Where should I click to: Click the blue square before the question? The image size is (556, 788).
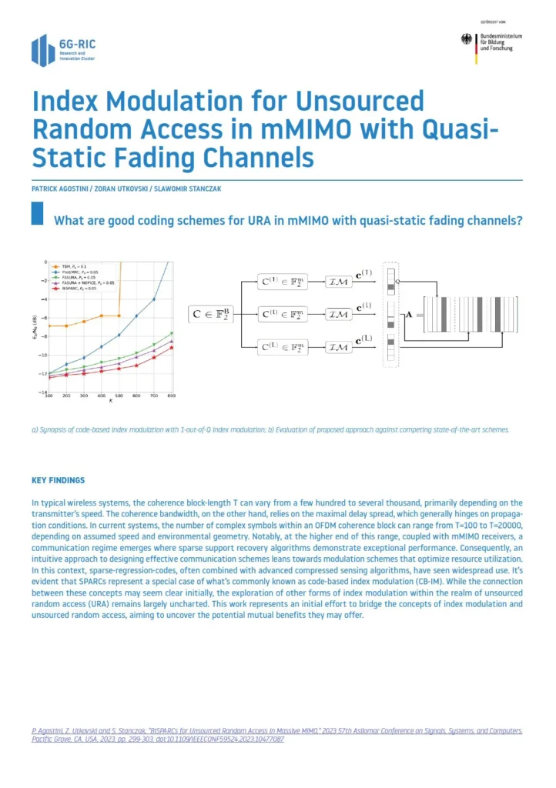pos(37,213)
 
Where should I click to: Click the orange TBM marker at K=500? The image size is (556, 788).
pos(119,316)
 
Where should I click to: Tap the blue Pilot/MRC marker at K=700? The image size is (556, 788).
pos(154,299)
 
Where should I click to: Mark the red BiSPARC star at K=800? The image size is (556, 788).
pos(172,348)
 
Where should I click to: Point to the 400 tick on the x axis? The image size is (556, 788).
pos(102,397)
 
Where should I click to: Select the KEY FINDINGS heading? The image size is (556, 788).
pos(59,480)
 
